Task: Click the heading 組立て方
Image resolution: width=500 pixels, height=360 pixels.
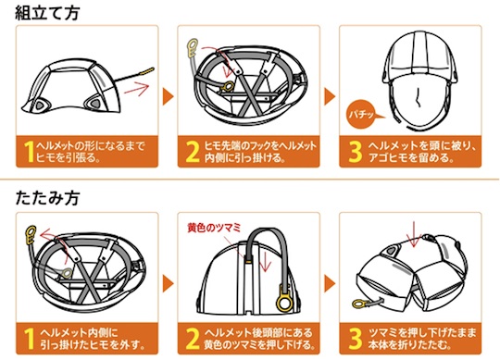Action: coord(47,13)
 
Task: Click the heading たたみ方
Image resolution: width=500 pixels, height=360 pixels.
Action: coord(47,198)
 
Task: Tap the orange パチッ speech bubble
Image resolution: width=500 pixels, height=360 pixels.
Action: coord(361,115)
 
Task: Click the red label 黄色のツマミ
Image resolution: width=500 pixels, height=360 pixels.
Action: coord(214,228)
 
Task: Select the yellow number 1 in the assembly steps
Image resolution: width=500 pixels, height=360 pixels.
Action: coord(29,152)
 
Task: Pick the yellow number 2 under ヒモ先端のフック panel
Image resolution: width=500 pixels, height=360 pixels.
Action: coord(193,152)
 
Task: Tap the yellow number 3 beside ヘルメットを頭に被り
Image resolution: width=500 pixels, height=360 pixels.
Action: coord(356,152)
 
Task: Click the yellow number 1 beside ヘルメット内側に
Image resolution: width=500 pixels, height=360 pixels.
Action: coord(29,339)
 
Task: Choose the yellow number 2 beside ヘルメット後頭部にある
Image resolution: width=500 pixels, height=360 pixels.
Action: coord(193,339)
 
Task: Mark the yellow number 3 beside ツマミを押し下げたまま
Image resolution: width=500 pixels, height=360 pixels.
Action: coord(356,339)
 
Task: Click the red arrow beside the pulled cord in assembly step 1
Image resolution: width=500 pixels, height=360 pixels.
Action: coord(137,88)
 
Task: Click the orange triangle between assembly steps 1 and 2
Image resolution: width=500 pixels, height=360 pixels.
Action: coord(168,96)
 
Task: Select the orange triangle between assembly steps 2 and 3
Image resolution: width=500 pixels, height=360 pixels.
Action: coord(330,96)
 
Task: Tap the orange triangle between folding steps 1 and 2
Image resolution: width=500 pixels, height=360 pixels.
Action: coord(168,284)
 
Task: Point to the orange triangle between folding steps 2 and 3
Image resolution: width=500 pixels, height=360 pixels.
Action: coord(330,284)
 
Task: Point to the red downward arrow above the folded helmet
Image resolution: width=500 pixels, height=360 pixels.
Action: coord(414,234)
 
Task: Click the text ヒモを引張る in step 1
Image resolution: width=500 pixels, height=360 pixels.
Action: coord(68,157)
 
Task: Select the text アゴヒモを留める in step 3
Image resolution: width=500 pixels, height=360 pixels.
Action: coord(411,157)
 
